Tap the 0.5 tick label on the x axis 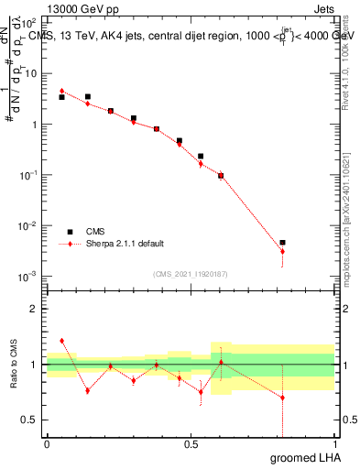(191, 442)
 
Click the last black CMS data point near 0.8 (282, 243)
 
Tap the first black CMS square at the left (61, 97)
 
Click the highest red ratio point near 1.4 (61, 341)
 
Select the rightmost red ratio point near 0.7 (282, 398)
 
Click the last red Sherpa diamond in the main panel (282, 252)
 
